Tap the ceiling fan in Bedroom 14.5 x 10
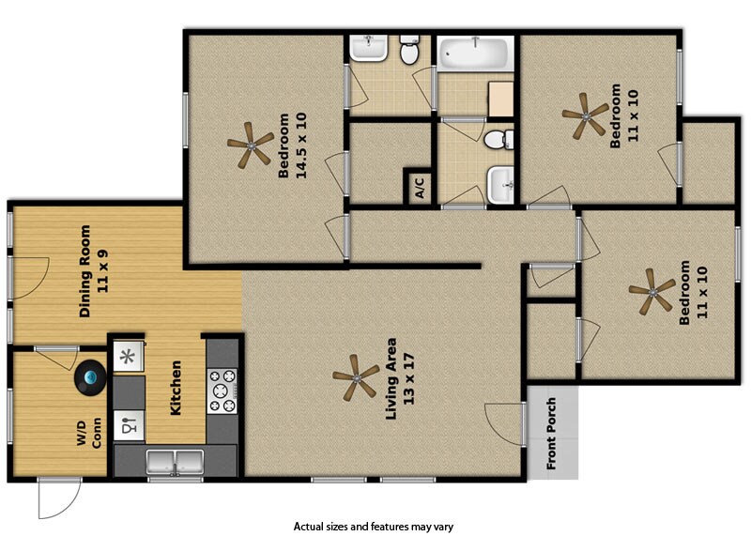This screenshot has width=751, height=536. [250, 145]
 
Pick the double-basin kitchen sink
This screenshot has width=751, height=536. [176, 461]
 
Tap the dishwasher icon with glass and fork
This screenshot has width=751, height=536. [129, 425]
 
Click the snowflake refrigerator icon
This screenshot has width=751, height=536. [128, 356]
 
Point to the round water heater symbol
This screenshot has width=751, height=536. [91, 377]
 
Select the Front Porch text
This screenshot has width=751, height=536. [551, 434]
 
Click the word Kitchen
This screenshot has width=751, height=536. [175, 388]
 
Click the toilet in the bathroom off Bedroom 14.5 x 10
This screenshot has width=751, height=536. [408, 52]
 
